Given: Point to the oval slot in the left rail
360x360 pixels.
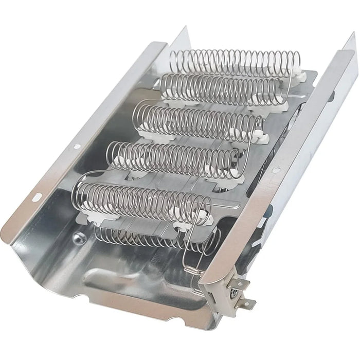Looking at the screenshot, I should [x=37, y=196].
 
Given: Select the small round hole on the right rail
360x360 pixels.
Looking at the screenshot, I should [x=276, y=170].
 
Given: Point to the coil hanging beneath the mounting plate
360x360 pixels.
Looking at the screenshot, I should [x=134, y=236].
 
